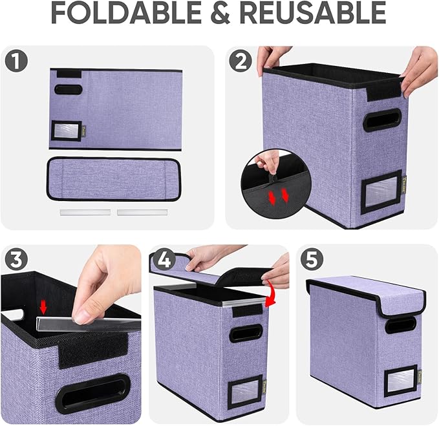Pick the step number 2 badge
pyautogui.click(x=242, y=61)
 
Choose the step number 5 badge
pyautogui.click(x=313, y=260)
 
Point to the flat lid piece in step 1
pyautogui.click(x=114, y=178)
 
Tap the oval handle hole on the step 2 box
pyautogui.click(x=381, y=120)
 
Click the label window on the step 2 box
pyautogui.click(x=381, y=192)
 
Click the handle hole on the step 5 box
pyautogui.click(x=401, y=326)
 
